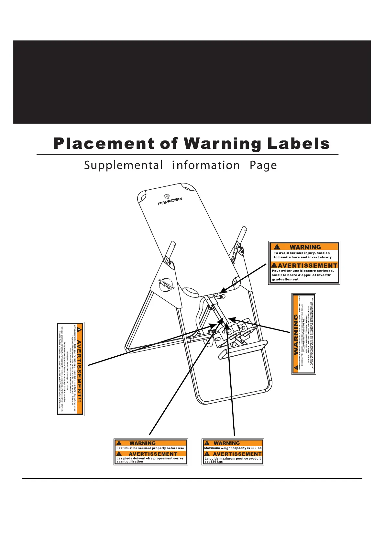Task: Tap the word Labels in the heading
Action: point(298,144)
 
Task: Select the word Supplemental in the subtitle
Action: point(123,165)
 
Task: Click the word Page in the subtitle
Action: point(263,165)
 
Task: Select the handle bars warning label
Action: point(304,263)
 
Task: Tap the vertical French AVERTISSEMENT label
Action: point(70,369)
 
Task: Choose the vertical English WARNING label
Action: point(303,334)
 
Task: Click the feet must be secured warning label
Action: point(151,452)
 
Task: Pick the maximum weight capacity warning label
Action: point(233,452)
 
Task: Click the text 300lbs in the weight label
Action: point(256,448)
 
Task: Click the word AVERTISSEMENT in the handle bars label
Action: point(307,266)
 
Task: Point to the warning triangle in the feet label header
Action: point(119,443)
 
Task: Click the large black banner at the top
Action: point(192,82)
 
